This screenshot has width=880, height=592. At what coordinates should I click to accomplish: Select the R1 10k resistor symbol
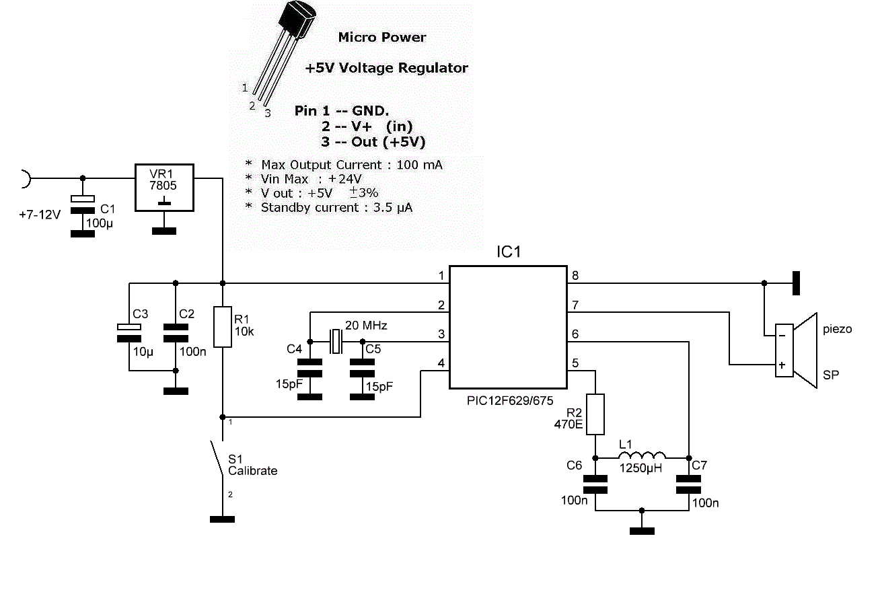[223, 327]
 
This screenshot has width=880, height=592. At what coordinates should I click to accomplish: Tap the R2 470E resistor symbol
[595, 414]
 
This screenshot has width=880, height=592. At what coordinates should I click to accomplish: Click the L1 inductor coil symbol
[642, 455]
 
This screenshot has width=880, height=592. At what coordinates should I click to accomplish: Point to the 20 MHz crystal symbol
[336, 341]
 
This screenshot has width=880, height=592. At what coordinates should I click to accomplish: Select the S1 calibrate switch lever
[217, 458]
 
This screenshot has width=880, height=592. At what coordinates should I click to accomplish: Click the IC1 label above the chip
[509, 252]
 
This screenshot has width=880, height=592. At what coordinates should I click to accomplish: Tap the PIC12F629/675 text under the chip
[509, 401]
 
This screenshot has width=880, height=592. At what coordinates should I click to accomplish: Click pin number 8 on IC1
[575, 275]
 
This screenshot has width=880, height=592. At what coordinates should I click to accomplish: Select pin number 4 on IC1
[441, 363]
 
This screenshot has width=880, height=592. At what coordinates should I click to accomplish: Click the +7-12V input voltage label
[40, 215]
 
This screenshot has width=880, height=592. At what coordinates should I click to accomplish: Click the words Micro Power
[382, 37]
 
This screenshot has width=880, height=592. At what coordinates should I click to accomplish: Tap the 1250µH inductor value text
[640, 468]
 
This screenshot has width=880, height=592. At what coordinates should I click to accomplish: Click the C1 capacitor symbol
[83, 205]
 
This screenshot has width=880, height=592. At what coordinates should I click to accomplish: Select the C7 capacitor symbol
[688, 484]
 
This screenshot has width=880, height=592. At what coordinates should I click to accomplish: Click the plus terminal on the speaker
[782, 365]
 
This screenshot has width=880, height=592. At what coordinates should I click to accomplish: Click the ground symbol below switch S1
[223, 519]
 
